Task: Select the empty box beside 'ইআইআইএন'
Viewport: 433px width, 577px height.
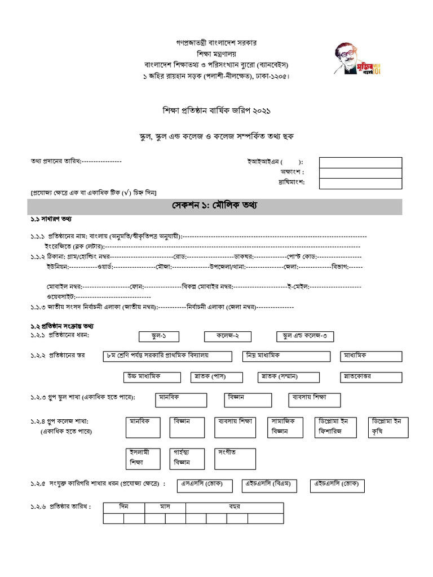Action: [360, 162]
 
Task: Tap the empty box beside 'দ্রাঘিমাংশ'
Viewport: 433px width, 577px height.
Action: [360, 183]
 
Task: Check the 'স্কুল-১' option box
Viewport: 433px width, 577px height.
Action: [159, 336]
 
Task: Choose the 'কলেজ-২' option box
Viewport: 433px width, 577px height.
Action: [226, 336]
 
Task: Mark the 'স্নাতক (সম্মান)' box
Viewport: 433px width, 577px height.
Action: [289, 376]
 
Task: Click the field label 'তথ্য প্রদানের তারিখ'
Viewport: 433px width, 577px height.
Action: [56, 161]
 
